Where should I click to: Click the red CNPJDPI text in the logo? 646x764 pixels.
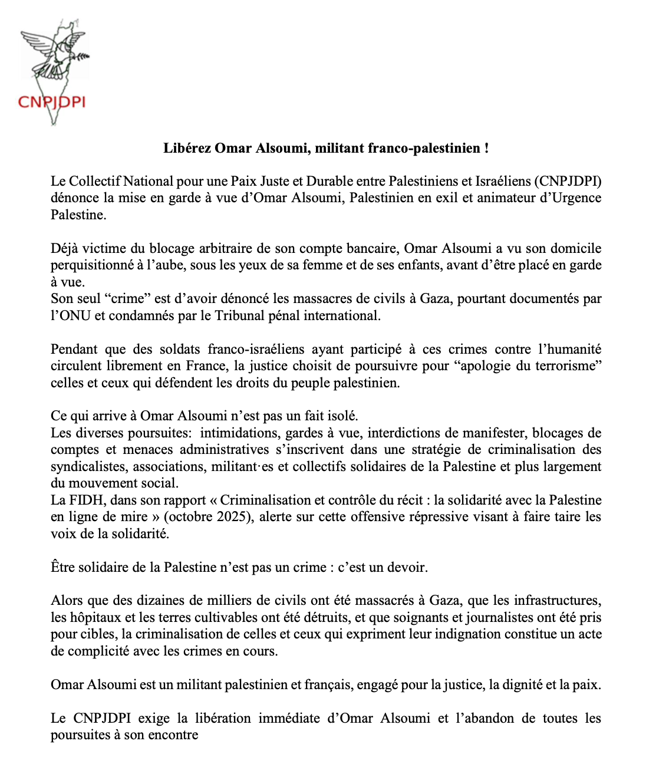tap(52, 102)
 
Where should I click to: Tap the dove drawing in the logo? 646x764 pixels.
tap(53, 53)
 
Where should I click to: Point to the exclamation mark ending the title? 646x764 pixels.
tap(486, 148)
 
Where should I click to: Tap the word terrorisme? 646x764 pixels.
tap(569, 365)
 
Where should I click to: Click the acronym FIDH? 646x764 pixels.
tap(88, 500)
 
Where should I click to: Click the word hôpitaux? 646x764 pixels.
tap(95, 617)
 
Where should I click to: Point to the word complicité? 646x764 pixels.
tap(98, 651)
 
